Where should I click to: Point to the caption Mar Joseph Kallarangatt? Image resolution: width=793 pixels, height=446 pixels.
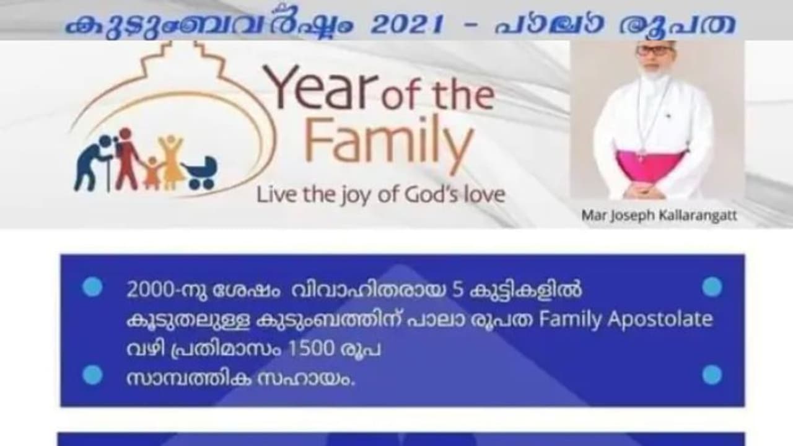[659, 215]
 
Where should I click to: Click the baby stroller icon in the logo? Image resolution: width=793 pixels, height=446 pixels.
[200, 172]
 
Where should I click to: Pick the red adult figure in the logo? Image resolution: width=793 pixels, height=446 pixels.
[126, 159]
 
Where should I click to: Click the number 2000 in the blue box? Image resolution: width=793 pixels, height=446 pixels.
[151, 290]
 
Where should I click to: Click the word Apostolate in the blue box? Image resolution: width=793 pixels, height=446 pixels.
[660, 320]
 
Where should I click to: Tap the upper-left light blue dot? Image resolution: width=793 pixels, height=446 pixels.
[92, 286]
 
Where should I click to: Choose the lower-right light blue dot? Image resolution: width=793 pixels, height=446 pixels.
[712, 375]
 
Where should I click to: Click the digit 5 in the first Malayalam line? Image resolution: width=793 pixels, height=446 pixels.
[458, 290]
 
